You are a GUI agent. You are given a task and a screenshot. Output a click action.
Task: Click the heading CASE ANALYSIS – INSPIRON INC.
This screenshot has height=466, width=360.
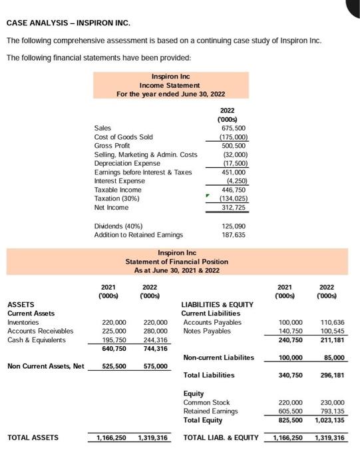tap(69, 23)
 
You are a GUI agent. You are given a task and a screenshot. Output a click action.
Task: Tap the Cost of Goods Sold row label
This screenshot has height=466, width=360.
tap(124, 137)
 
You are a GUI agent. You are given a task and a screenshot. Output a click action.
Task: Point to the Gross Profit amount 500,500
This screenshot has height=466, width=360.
tap(234, 146)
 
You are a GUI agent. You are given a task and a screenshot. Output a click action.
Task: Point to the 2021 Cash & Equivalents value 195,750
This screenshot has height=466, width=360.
tap(113, 340)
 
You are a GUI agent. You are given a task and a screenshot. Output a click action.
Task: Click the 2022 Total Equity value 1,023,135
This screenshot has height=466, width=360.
tap(330, 420)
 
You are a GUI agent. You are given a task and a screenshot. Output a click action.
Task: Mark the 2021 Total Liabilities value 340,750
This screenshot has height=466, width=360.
tap(289, 375)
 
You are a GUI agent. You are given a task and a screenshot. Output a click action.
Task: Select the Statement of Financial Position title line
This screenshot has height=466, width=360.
tap(176, 262)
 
